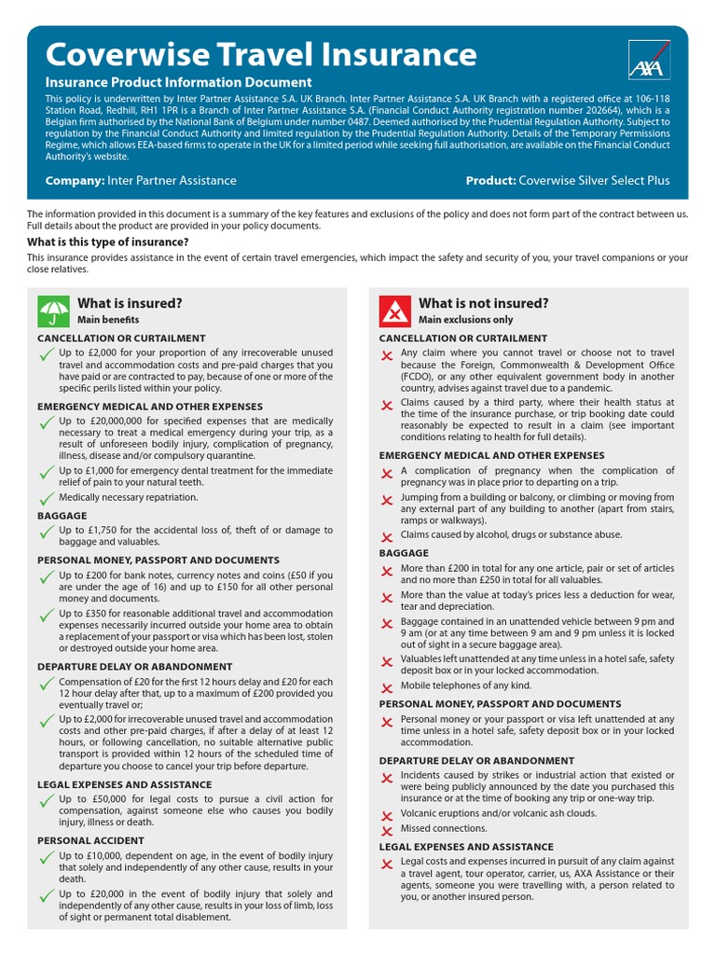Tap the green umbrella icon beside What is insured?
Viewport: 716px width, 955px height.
point(52,311)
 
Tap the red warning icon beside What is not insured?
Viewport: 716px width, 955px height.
point(394,311)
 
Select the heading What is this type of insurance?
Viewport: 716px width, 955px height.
point(107,242)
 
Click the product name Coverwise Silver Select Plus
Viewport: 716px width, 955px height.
point(594,180)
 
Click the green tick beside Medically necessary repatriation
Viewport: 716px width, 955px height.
point(46,500)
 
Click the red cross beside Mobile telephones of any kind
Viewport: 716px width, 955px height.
point(387,688)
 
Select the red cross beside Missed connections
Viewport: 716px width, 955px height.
point(387,830)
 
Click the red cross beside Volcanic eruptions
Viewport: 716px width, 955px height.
point(387,815)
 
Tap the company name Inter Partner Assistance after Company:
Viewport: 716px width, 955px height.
point(172,180)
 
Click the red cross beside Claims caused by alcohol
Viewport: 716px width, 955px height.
point(387,537)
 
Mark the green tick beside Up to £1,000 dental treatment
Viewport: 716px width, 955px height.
point(46,475)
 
